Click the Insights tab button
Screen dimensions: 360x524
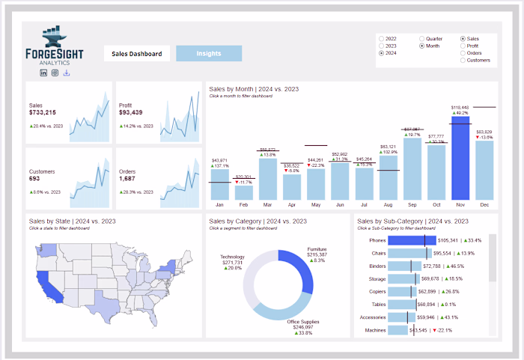(209, 54)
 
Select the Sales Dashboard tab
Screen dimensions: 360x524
(136, 54)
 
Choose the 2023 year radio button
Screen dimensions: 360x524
(383, 46)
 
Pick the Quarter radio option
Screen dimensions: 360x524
(422, 38)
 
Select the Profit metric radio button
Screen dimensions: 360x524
(463, 46)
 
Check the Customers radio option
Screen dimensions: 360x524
(463, 60)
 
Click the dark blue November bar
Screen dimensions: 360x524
(460, 157)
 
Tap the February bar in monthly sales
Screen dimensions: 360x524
(243, 192)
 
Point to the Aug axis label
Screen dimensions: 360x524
(388, 204)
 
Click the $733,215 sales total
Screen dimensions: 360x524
(43, 112)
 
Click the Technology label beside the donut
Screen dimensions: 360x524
(232, 257)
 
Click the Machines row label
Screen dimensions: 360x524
(375, 330)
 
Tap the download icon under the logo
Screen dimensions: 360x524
(67, 73)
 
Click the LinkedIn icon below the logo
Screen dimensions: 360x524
(43, 73)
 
